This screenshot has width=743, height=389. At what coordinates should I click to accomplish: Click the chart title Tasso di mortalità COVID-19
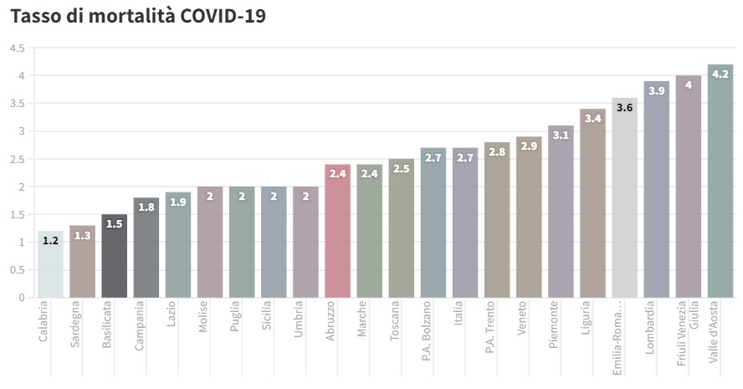point(137,17)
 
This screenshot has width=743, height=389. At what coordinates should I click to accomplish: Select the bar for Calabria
point(50,264)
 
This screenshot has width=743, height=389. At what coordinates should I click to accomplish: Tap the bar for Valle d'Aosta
point(720,181)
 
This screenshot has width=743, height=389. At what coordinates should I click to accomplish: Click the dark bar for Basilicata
point(115,256)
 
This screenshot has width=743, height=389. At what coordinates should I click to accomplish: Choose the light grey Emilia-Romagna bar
point(624,197)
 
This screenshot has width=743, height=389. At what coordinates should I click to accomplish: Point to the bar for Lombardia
point(657,189)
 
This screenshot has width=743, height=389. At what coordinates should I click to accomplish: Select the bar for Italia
point(465,223)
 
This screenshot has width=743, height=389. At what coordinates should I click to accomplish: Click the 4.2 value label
point(720,74)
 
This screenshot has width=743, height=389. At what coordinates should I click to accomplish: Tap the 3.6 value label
point(624,107)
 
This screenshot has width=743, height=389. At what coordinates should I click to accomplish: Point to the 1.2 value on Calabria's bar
point(50,240)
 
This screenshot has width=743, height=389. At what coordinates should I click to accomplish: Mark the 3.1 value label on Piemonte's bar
point(561,135)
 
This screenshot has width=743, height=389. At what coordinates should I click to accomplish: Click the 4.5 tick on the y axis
point(18,49)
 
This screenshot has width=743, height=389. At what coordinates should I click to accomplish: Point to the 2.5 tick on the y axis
point(18,159)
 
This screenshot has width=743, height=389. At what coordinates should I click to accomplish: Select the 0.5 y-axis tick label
point(18,270)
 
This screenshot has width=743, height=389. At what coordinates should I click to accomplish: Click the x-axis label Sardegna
point(75,330)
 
